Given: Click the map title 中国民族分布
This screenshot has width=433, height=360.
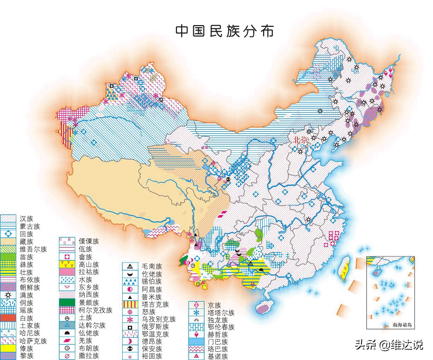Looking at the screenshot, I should tap(225, 31).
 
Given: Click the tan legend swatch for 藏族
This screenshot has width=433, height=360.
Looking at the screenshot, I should tap(8, 242).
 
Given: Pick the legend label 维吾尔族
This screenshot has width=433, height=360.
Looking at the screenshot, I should tap(33, 249).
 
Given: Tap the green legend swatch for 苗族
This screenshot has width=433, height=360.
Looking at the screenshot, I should tap(8, 257).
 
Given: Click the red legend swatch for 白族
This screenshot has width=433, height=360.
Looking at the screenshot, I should tap(8, 318).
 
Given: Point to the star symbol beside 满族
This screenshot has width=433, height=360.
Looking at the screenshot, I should tap(8, 295).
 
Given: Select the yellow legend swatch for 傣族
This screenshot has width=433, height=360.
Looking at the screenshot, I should tap(8, 348).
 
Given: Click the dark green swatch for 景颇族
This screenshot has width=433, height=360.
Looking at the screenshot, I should tap(67, 302).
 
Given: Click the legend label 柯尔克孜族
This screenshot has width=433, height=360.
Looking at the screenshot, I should tap(95, 310).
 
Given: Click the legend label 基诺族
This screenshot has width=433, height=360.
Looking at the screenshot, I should tap(218, 356).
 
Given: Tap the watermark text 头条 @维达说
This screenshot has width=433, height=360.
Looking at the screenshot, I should tap(389, 344).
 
